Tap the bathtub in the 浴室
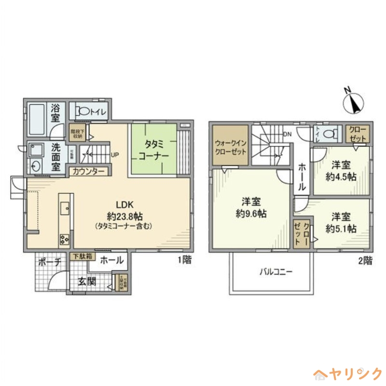click(37, 118)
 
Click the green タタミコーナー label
click(153, 150)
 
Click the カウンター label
click(88, 171)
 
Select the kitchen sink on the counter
click(64, 208)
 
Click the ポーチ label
click(49, 262)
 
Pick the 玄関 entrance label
click(87, 281)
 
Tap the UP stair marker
click(115, 155)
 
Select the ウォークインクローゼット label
click(231, 147)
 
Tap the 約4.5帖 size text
click(341, 177)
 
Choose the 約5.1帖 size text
click(341, 229)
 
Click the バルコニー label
click(276, 272)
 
